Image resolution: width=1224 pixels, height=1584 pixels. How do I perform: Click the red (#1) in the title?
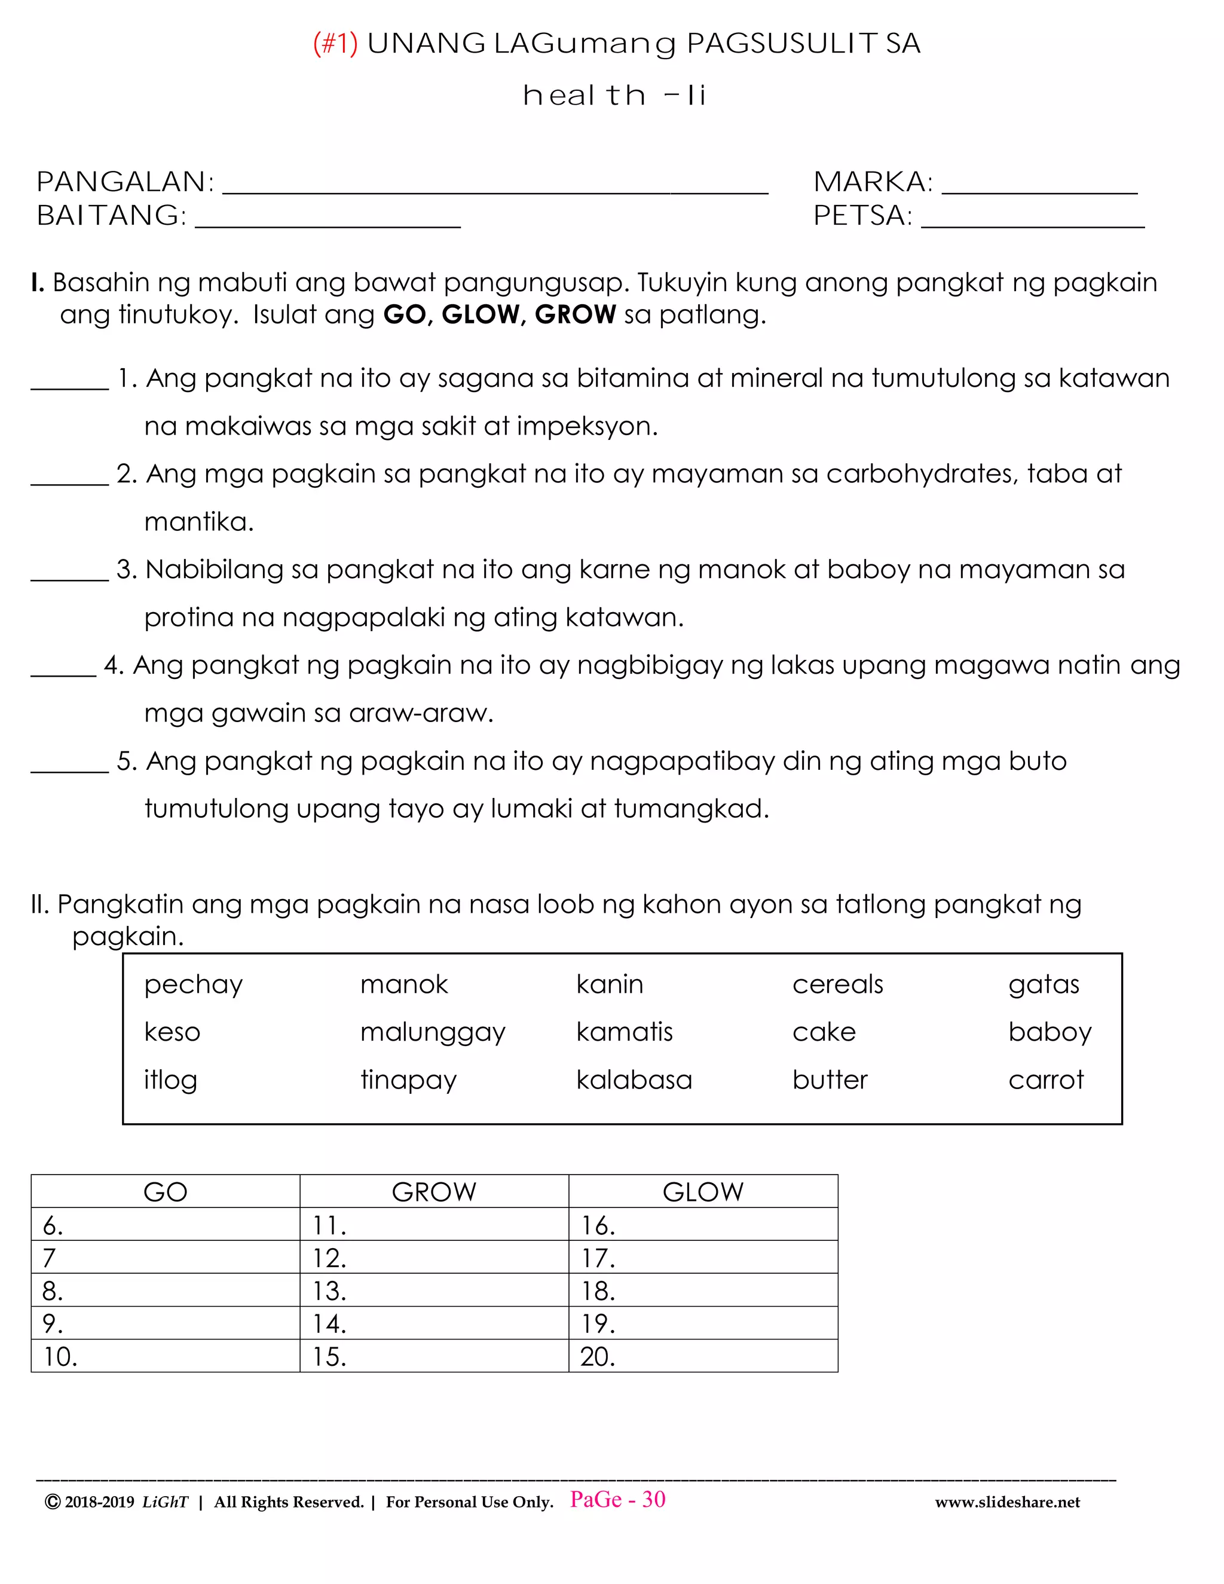coord(335,44)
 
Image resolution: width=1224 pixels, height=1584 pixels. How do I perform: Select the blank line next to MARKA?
coord(1039,190)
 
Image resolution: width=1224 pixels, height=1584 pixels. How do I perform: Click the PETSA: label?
coord(862,215)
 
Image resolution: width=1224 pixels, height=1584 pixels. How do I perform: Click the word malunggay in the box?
coord(433,1033)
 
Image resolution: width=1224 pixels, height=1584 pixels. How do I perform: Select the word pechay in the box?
coord(193,985)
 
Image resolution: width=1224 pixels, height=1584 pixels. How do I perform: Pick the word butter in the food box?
coord(830,1080)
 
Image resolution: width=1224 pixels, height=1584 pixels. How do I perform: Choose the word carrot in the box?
coord(1046,1080)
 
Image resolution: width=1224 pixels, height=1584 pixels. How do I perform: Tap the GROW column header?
coord(434,1192)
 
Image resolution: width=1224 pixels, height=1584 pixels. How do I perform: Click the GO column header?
coord(166,1192)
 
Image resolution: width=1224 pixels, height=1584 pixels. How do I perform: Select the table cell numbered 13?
coord(434,1291)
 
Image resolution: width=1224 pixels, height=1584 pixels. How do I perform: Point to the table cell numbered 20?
coord(703,1356)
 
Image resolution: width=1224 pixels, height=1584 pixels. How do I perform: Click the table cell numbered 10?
coord(166,1356)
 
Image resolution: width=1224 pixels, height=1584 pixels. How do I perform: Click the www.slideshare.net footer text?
coord(1006,1502)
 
